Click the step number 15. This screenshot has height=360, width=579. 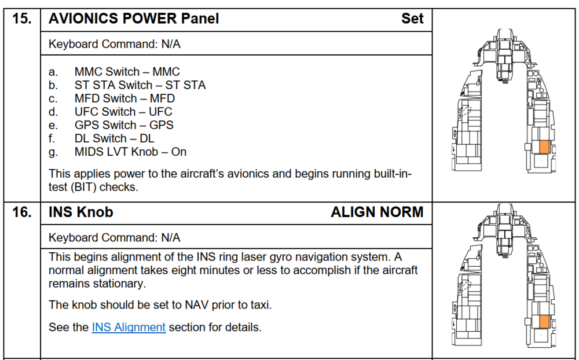click(22, 19)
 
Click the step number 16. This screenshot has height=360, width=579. click(22, 212)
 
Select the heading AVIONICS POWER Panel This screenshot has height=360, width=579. click(134, 19)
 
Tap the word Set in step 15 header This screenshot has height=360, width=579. click(412, 19)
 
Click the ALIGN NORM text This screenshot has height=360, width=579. click(377, 212)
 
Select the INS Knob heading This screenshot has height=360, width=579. click(80, 212)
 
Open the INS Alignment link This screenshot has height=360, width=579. click(129, 327)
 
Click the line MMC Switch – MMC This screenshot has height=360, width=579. click(127, 72)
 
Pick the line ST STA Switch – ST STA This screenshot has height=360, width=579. click(140, 85)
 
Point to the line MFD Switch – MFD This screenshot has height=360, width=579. click(124, 98)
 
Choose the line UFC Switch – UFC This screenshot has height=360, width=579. click(123, 112)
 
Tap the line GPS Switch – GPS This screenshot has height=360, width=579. click(124, 125)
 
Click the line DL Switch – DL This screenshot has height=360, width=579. click(114, 138)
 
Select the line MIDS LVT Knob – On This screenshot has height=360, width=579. click(130, 152)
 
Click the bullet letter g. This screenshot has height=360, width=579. click(53, 152)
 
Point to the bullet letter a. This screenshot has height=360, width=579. click(53, 72)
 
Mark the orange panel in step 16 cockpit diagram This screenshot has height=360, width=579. click(544, 322)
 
